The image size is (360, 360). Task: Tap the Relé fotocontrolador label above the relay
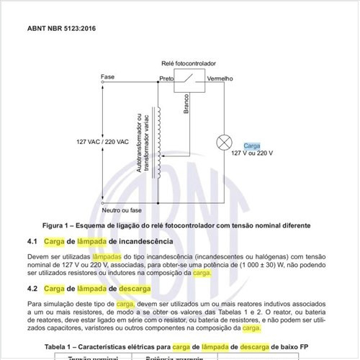tap(189, 64)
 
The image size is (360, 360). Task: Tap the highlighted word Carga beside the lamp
tap(251, 145)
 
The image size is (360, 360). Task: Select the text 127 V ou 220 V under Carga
tap(252, 153)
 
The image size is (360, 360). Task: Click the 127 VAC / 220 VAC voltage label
tap(102, 142)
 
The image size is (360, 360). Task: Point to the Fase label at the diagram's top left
tap(107, 76)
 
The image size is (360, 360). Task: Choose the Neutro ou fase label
tap(121, 210)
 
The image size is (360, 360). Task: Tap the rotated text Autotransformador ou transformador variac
tap(142, 141)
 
